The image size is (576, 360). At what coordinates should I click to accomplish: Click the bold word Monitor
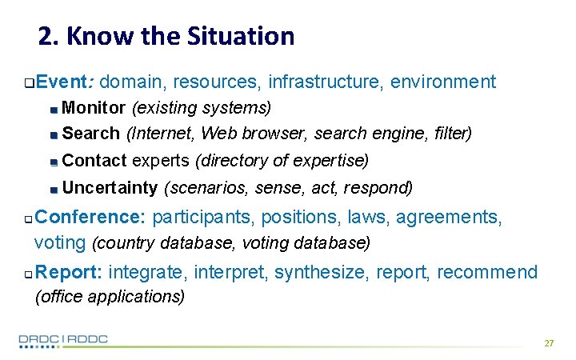pyautogui.click(x=94, y=107)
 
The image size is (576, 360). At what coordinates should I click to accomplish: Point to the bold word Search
pyautogui.click(x=90, y=133)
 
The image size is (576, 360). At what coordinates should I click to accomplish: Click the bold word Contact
pyautogui.click(x=94, y=161)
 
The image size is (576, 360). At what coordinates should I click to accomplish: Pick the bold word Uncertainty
pyautogui.click(x=110, y=189)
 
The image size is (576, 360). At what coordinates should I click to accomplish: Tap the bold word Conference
pyautogui.click(x=90, y=217)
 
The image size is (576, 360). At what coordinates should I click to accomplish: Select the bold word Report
pyautogui.click(x=68, y=273)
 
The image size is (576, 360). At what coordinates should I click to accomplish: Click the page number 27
pyautogui.click(x=548, y=343)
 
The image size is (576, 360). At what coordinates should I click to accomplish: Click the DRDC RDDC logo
pyautogui.click(x=63, y=340)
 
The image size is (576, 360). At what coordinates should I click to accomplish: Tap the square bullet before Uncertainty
pyautogui.click(x=53, y=190)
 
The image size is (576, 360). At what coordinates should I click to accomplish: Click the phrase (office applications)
pyautogui.click(x=110, y=297)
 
